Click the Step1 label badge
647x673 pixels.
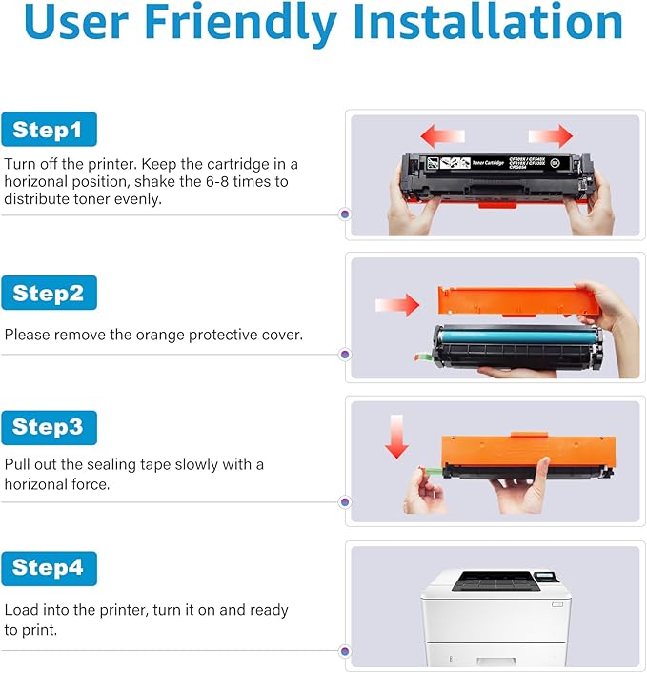point(50,130)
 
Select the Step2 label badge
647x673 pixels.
point(50,294)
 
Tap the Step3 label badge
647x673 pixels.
point(50,428)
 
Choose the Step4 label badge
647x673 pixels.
point(50,568)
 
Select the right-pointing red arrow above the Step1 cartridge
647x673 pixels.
point(550,134)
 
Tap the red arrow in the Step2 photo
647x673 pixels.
point(397,305)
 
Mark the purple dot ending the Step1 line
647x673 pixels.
point(344,214)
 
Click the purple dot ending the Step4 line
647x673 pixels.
point(344,651)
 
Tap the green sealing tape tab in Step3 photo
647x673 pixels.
point(430,469)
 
